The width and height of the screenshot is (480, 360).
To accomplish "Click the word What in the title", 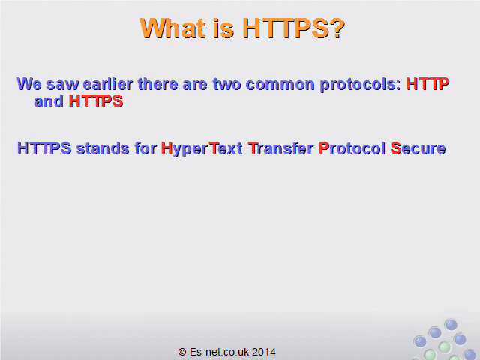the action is pyautogui.click(x=172, y=28).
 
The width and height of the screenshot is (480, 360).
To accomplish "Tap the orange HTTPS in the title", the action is pyautogui.click(x=286, y=28).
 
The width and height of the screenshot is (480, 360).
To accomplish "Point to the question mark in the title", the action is pyautogui.click(x=337, y=28).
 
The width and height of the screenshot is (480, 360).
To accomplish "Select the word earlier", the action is pyautogui.click(x=108, y=84).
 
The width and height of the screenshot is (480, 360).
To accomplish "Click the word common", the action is pyautogui.click(x=280, y=84).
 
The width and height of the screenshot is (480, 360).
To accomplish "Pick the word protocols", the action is pyautogui.click(x=360, y=85).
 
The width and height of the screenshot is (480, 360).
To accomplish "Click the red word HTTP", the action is pyautogui.click(x=427, y=84).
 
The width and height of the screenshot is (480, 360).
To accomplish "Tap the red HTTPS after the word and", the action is pyautogui.click(x=96, y=101).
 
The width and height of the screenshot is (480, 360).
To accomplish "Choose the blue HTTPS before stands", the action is pyautogui.click(x=44, y=148).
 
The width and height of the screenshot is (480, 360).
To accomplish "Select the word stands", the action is pyautogui.click(x=103, y=148).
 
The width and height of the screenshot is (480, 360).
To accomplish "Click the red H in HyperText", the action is pyautogui.click(x=166, y=148).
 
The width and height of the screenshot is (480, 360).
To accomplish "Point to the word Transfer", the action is pyautogui.click(x=280, y=148).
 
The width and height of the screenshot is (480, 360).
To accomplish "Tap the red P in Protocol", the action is pyautogui.click(x=323, y=148).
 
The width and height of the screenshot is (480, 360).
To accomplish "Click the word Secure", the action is pyautogui.click(x=418, y=148).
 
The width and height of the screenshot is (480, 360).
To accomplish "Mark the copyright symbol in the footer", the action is pyautogui.click(x=182, y=352).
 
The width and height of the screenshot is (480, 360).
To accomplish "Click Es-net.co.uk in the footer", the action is pyautogui.click(x=219, y=352).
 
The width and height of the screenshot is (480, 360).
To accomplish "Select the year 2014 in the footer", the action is pyautogui.click(x=264, y=352).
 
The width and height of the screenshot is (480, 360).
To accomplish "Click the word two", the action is pyautogui.click(x=226, y=84).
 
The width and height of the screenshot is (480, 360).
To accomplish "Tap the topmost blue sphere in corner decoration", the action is pyautogui.click(x=451, y=325).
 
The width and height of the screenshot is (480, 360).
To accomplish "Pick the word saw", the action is pyautogui.click(x=62, y=85).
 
